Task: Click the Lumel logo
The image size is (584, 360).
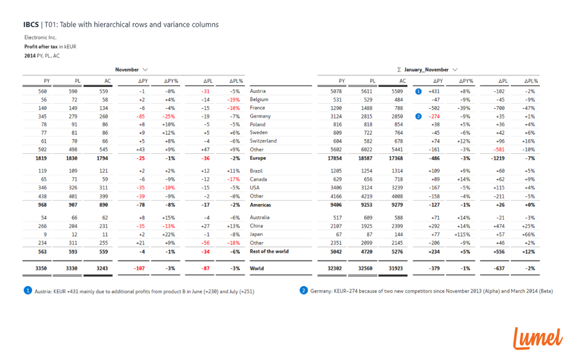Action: [538, 338]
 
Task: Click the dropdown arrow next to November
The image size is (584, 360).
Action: [146, 70]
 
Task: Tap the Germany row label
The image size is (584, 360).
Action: [260, 116]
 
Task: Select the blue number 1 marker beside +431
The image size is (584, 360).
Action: [419, 91]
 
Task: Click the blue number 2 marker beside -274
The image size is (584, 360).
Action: [419, 116]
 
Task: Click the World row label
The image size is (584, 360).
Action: [256, 268]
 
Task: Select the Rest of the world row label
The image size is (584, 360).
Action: [269, 252]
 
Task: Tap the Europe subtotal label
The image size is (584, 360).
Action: [258, 158]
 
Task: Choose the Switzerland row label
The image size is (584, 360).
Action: [263, 141]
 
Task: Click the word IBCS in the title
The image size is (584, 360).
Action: [32, 24]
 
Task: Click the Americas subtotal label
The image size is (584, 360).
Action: [260, 205]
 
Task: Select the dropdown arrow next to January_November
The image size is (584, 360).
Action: [455, 70]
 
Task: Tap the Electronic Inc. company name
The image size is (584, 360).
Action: [40, 37]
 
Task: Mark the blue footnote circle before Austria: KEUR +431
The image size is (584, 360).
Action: [28, 291]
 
